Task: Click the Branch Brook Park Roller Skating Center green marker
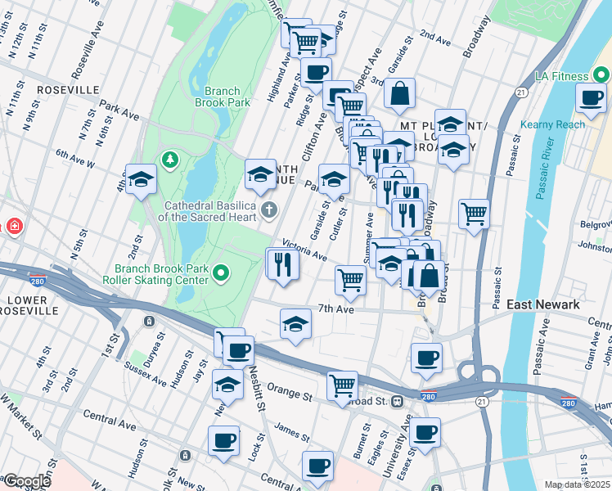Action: point(221,273)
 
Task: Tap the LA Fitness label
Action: point(562,76)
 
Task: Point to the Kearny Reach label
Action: point(552,124)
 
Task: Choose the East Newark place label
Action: point(543,304)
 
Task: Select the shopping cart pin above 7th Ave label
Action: point(350,279)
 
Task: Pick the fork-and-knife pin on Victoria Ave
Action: point(283,264)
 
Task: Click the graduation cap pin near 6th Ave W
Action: point(141,179)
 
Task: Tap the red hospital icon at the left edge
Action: point(12,226)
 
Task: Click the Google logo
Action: point(27,481)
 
